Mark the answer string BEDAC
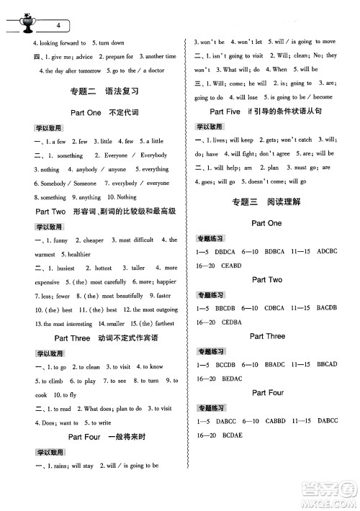(x=231, y=379)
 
